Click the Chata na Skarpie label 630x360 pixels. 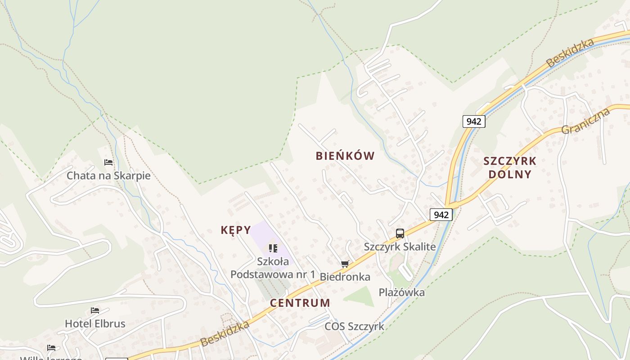[x=108, y=175]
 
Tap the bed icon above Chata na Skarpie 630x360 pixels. [x=108, y=162]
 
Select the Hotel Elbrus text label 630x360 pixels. [x=95, y=324]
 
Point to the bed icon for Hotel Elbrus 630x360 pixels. [x=94, y=310]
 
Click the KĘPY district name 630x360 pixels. [x=236, y=230]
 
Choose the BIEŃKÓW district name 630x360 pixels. [x=345, y=156]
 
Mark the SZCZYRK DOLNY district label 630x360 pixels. [x=510, y=167]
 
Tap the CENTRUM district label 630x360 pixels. [x=300, y=303]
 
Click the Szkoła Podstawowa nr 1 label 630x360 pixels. [x=273, y=268]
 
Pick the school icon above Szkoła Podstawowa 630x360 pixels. [x=273, y=248]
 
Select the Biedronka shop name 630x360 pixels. [x=345, y=277]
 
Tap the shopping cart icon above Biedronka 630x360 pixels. [x=345, y=264]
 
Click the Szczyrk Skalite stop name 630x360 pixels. [x=400, y=247]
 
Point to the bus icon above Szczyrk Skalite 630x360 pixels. [x=400, y=234]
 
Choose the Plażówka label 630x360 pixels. [x=401, y=292]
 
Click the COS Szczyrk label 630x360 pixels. [x=354, y=326]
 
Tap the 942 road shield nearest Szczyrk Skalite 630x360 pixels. [x=441, y=215]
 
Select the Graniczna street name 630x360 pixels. [x=585, y=121]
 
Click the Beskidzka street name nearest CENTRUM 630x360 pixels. [x=225, y=333]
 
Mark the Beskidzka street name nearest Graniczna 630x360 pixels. [x=570, y=53]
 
